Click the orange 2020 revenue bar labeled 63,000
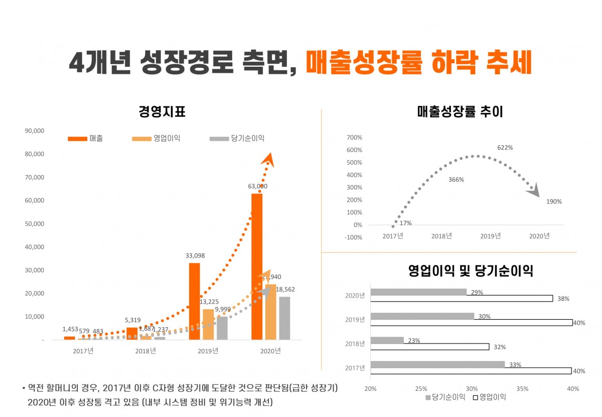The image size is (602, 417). [x=257, y=266]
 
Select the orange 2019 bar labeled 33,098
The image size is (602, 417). [x=194, y=301]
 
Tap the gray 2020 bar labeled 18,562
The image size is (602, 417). [x=284, y=318]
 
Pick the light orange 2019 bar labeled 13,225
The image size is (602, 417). [x=208, y=324]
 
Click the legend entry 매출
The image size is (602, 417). [x=86, y=138]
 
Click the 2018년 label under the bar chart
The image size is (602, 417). [x=145, y=351]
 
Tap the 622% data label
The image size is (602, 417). [x=505, y=148]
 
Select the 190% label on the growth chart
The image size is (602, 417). [x=554, y=202]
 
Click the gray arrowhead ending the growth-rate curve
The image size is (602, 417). [x=535, y=190]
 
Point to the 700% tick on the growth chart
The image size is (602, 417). [x=354, y=137]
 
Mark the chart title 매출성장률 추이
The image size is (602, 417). [x=460, y=112]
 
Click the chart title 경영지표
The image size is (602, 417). [x=162, y=112]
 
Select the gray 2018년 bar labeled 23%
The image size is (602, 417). [x=387, y=340]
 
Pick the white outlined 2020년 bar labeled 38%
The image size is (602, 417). [x=462, y=299]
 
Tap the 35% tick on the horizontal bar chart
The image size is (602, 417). [x=522, y=389]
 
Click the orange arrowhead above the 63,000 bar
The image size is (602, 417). [x=269, y=159]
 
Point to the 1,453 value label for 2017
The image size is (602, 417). [x=70, y=329]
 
